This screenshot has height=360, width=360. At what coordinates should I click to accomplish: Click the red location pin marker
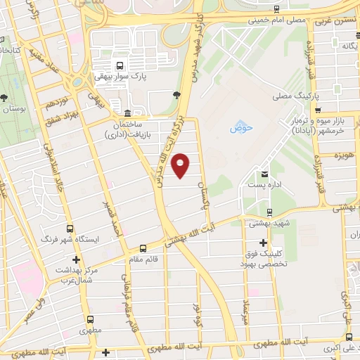pyautogui.click(x=181, y=165)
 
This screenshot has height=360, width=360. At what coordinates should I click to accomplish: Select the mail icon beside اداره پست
pyautogui.click(x=264, y=174)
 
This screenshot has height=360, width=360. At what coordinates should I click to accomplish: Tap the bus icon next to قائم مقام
pyautogui.click(x=143, y=248)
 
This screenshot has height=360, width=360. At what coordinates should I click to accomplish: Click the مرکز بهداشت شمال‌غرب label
pyautogui.click(x=68, y=275)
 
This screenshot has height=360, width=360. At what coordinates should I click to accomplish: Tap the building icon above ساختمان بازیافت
pyautogui.click(x=127, y=113)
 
